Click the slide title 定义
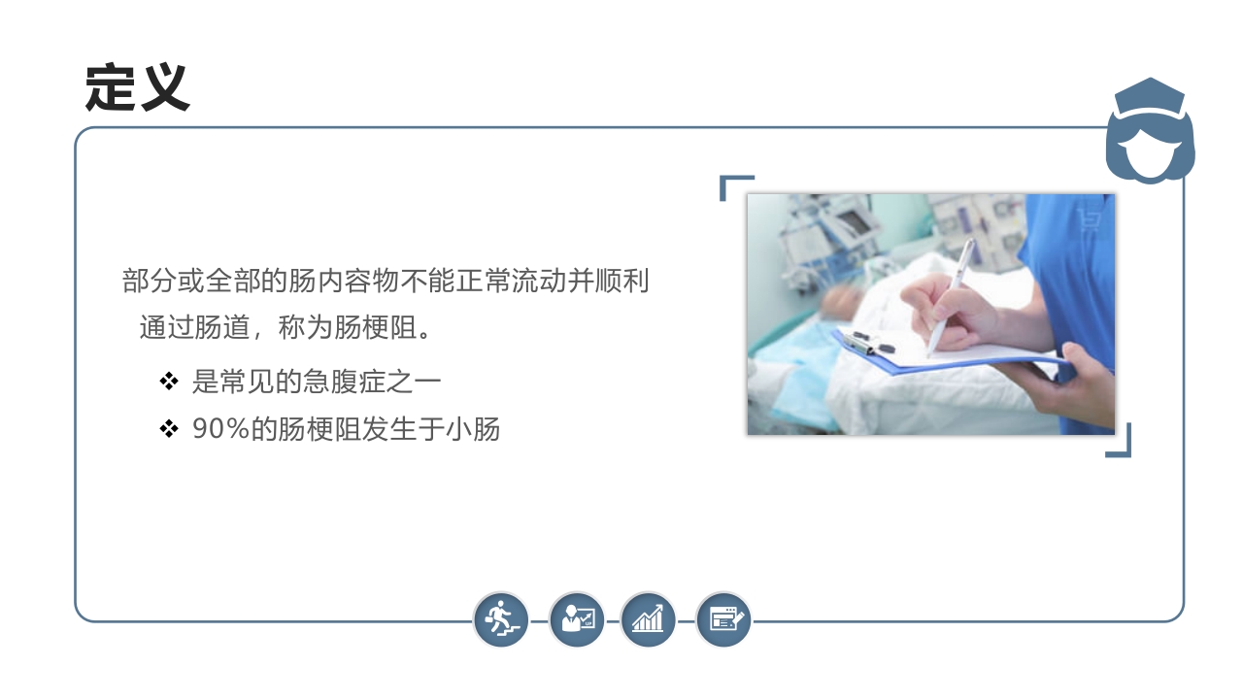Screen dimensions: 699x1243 137,88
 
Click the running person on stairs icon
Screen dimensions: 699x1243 501,618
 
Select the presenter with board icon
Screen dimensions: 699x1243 577,618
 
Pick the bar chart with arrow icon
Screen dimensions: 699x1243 648,618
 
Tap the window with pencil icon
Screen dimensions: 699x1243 724,618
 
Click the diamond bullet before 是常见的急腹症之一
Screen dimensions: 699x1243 169,382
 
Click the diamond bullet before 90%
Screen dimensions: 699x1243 169,428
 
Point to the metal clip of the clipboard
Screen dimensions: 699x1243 859,341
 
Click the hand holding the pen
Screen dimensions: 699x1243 947,311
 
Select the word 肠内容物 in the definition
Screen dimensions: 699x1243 331,283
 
